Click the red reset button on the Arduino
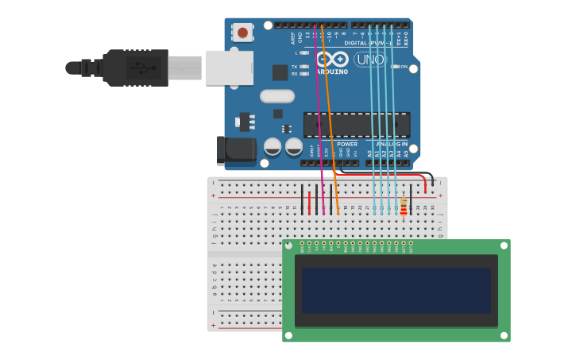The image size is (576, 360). point(242,33)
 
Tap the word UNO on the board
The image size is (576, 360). point(369,60)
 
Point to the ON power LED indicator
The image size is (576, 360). point(394,67)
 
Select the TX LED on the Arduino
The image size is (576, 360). point(304,67)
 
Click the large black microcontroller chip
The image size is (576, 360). point(357,125)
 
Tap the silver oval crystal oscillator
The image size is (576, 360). point(276,96)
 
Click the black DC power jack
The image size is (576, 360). point(234,150)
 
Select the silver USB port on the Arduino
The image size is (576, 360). point(229,68)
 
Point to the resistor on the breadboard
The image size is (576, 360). point(404,207)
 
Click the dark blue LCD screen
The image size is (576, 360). point(396,290)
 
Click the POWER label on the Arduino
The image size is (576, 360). point(347,144)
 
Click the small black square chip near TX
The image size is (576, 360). point(280,72)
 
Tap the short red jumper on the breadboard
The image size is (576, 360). point(309,203)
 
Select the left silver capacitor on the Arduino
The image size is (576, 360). point(273,147)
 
